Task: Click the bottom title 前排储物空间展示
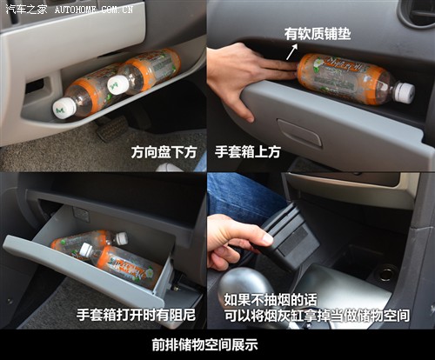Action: pyautogui.click(x=217, y=343)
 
